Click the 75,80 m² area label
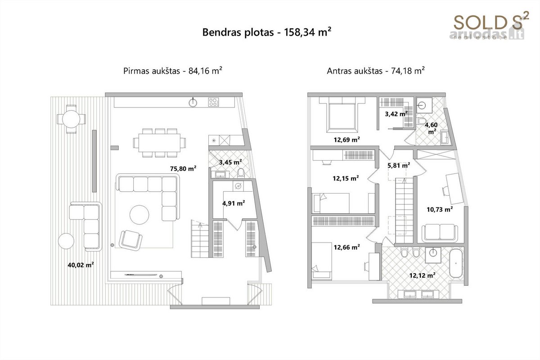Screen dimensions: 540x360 (x=183, y=169)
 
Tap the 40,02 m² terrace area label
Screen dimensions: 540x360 (x=81, y=265)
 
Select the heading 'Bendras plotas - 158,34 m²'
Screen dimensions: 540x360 (x=266, y=32)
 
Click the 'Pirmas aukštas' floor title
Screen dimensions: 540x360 (x=152, y=71)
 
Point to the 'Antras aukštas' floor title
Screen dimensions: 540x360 (x=355, y=71)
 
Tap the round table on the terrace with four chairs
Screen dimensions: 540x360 (x=71, y=119)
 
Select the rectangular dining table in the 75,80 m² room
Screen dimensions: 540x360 (x=159, y=143)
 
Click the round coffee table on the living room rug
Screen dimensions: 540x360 (x=139, y=215)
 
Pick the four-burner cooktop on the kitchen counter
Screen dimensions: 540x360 (x=214, y=102)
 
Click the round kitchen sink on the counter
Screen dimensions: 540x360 (x=193, y=103)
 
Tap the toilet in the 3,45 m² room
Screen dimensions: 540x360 (x=241, y=172)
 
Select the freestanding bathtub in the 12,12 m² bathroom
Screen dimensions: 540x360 (x=456, y=264)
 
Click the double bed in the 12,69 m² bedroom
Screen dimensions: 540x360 (x=342, y=115)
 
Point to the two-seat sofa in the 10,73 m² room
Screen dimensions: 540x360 (x=440, y=233)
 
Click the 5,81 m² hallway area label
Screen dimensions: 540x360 (x=399, y=166)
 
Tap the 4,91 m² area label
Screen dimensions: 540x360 (x=234, y=203)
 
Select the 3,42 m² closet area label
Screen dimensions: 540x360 (x=396, y=114)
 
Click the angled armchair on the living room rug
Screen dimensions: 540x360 (x=130, y=240)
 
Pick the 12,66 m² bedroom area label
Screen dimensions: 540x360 (x=346, y=247)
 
